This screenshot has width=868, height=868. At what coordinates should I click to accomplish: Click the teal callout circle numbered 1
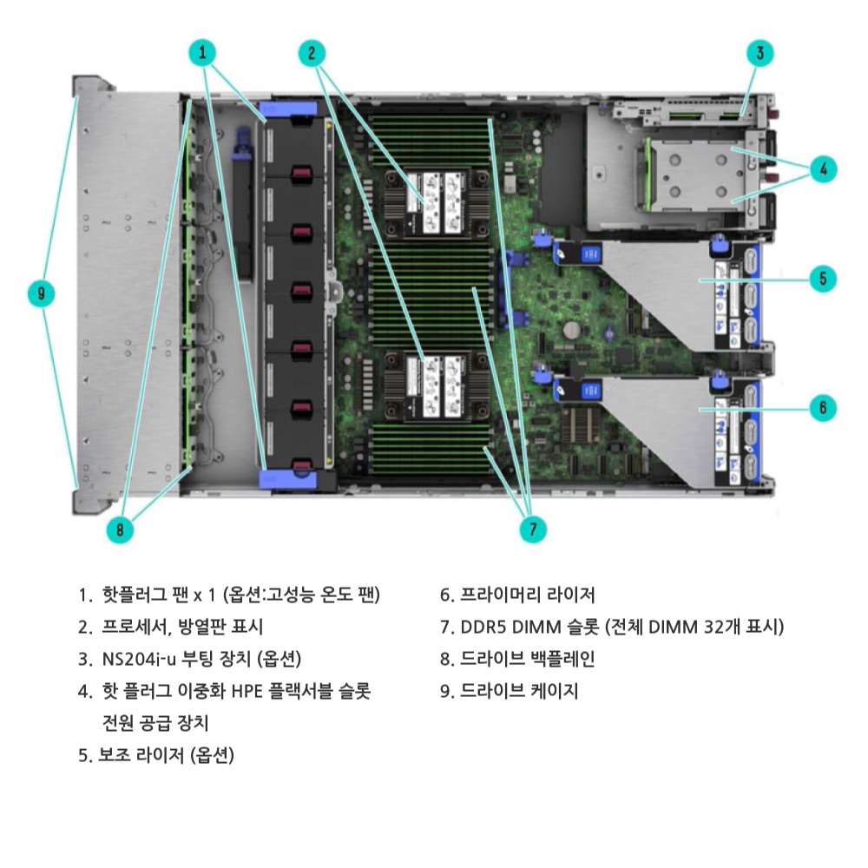click(202, 53)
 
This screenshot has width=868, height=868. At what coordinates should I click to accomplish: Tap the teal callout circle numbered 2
click(312, 53)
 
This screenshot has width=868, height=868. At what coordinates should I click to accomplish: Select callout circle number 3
click(760, 53)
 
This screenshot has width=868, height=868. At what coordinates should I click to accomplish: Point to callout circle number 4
click(823, 169)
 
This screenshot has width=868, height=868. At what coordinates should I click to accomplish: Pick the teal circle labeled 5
click(823, 279)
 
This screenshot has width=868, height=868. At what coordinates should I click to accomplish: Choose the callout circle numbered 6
click(823, 408)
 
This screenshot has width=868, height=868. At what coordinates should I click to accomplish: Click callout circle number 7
click(533, 529)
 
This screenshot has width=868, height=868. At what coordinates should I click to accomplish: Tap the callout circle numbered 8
click(120, 529)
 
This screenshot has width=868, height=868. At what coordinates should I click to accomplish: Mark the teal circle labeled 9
click(42, 293)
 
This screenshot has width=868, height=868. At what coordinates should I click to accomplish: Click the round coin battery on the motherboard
click(572, 331)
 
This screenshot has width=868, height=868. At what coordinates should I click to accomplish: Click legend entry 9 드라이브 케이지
click(510, 691)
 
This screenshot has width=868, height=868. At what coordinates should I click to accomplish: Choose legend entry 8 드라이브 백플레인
click(517, 659)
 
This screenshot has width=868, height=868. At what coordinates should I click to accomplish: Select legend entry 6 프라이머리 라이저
click(517, 595)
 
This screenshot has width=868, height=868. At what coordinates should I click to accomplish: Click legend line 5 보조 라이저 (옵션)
click(156, 755)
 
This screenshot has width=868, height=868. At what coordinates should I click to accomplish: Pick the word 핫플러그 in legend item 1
click(135, 595)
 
